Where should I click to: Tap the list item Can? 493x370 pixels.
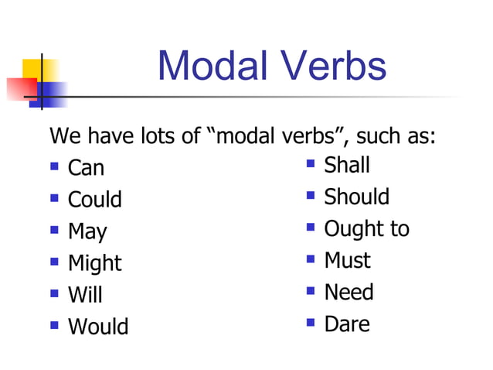point(86,168)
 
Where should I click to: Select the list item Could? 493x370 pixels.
point(95,200)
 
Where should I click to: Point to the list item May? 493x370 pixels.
point(87,231)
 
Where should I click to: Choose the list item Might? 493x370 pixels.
point(95,263)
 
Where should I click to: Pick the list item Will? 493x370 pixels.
point(85,295)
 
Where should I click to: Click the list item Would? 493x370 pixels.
point(98,327)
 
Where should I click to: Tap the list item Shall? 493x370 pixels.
point(347,165)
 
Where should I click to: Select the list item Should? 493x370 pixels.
point(356,197)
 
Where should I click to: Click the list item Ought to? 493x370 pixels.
point(366,228)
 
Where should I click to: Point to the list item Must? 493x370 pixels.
point(347,260)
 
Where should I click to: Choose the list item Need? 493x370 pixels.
point(348,292)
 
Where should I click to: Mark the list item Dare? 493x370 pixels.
point(347,324)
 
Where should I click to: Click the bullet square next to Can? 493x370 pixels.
point(55,166)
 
